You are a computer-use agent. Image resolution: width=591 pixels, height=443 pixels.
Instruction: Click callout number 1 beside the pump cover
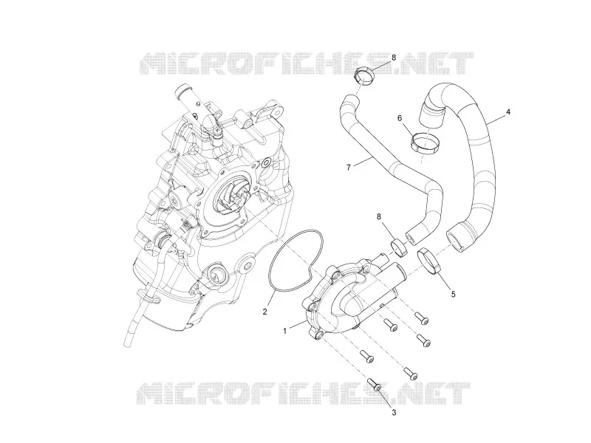(285, 331)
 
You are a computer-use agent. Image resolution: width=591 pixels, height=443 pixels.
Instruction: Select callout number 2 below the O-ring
(265, 312)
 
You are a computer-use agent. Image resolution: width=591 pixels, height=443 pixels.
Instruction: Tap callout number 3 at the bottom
(394, 413)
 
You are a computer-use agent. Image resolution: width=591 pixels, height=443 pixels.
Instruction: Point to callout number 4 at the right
(508, 112)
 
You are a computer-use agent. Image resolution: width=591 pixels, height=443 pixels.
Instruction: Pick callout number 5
(454, 294)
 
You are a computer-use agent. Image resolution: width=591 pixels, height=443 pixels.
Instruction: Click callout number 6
(400, 118)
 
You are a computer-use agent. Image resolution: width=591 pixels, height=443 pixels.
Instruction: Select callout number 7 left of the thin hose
(348, 168)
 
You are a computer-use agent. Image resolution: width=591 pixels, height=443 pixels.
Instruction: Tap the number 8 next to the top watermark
(394, 58)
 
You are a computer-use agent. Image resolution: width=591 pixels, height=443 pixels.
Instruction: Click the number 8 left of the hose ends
(379, 216)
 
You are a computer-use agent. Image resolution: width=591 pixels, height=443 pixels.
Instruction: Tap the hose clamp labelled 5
(429, 260)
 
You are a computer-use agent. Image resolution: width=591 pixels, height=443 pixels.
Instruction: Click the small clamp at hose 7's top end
(363, 75)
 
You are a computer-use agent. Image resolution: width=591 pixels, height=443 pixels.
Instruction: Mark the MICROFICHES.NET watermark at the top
(307, 63)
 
